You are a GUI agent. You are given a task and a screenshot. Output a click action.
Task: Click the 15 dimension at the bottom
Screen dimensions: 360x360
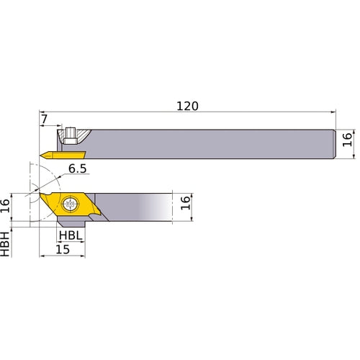click(x=63, y=250)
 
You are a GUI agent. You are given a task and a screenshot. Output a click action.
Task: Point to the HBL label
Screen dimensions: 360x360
click(x=70, y=235)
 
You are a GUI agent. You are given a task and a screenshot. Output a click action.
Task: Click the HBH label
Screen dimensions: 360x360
click(x=6, y=243)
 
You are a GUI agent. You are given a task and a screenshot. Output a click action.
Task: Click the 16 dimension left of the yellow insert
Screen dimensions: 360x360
click(x=6, y=207)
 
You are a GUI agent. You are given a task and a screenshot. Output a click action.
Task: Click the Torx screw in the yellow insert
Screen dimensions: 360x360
click(x=70, y=204)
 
